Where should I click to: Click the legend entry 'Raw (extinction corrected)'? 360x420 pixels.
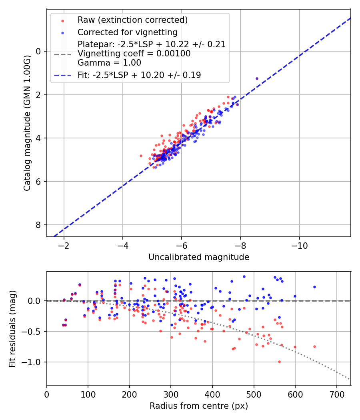[132, 20]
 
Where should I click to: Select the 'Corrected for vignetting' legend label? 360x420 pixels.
[127, 32]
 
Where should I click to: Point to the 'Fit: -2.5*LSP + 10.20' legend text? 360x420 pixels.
[139, 75]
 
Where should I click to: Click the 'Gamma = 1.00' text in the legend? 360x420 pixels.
[109, 62]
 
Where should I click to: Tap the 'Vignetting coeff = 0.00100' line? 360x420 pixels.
[134, 53]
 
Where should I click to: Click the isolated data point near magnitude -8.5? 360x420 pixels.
[257, 78]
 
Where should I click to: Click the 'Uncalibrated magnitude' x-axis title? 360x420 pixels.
[199, 257]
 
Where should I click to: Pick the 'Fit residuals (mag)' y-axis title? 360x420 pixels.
[13, 328]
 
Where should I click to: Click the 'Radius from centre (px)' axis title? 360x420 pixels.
[199, 406]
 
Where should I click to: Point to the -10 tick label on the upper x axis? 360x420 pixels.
[300, 245]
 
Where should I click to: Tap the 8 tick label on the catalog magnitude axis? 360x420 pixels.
[39, 225]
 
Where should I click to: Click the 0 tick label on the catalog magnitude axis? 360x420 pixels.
[39, 51]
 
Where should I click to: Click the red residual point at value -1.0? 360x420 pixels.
[279, 362]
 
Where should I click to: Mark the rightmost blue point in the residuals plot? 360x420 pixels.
[314, 287]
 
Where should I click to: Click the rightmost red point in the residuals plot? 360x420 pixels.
[314, 346]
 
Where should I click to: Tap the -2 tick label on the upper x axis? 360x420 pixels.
[64, 245]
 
